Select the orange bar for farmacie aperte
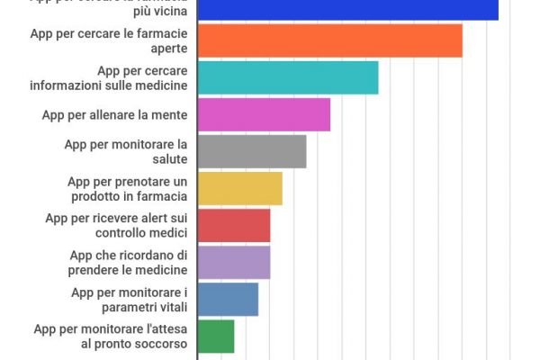(328, 40)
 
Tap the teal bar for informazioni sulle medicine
(287, 77)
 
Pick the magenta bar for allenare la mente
(263, 114)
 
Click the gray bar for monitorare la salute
(251, 151)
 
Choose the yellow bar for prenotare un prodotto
(239, 188)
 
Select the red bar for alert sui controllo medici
(233, 225)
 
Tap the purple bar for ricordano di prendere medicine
(233, 262)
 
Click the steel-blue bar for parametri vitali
(227, 299)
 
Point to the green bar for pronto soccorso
(215, 336)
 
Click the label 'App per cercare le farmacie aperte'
(108, 40)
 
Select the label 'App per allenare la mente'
(114, 114)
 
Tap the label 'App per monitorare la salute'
(125, 151)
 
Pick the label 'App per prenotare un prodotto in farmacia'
(127, 188)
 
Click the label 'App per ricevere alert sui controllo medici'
(116, 225)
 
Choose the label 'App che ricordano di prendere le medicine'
(128, 262)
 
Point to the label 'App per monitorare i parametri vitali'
(129, 299)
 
